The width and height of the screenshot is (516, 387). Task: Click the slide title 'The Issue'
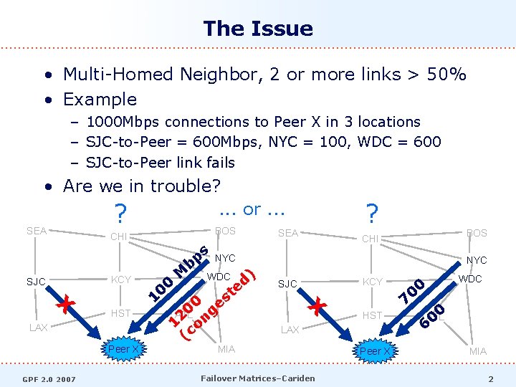pos(258,29)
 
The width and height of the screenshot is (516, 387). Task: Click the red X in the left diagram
pos(67,304)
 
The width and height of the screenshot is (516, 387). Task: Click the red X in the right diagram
pos(318,307)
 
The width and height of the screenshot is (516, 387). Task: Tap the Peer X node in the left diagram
pos(123,349)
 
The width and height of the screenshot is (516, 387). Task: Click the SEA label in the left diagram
pos(37,231)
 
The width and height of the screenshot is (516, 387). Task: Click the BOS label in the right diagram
pos(477,233)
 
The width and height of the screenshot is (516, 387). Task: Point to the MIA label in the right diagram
pos(478,351)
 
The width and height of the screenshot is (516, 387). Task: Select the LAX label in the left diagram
pos(39,328)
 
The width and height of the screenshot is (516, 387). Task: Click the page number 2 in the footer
pos(491,378)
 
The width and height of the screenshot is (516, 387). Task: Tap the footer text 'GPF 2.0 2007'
pos(49,378)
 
